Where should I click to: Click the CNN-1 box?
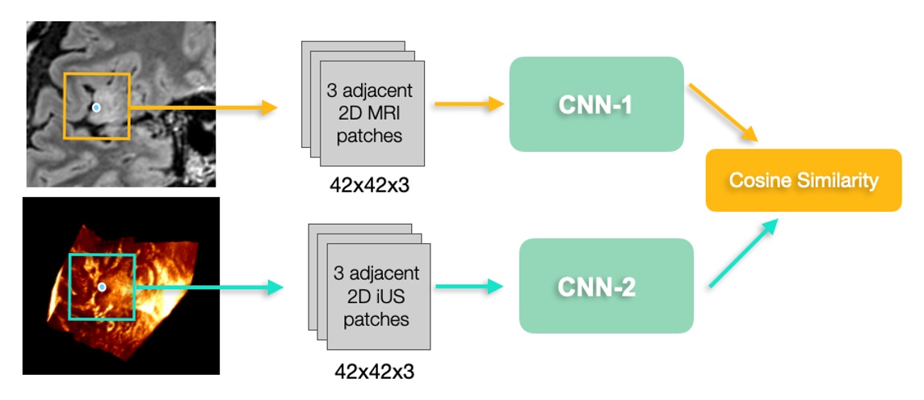(x=596, y=104)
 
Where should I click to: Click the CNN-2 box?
(x=606, y=286)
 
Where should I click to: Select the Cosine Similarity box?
(x=803, y=180)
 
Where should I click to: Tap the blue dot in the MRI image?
(x=96, y=107)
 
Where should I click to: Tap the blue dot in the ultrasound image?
(x=102, y=287)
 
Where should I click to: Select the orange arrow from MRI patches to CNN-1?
(x=468, y=103)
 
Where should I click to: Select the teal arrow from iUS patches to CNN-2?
(x=468, y=286)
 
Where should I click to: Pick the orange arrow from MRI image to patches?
(x=202, y=107)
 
